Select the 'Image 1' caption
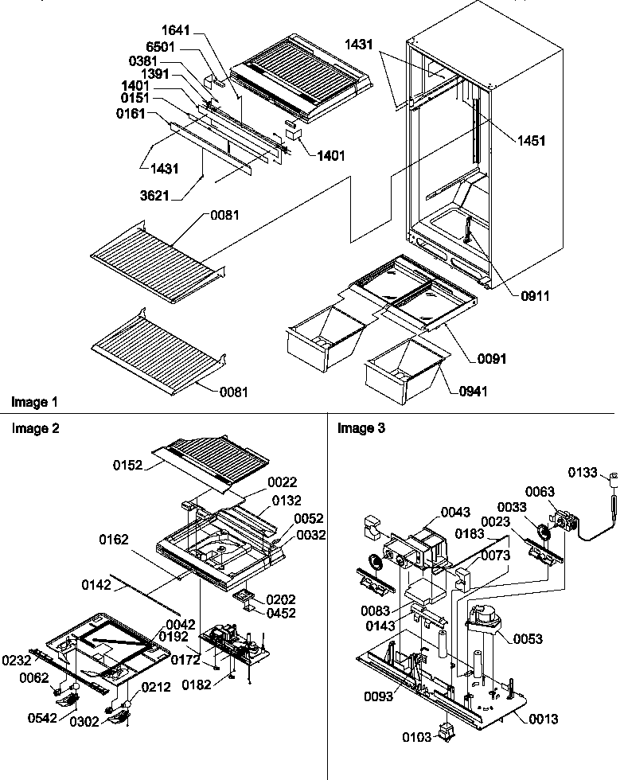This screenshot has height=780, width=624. tap(33, 401)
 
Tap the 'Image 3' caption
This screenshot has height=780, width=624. tap(361, 429)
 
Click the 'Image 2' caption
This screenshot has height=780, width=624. tap(35, 429)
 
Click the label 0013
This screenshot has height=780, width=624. tap(543, 719)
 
